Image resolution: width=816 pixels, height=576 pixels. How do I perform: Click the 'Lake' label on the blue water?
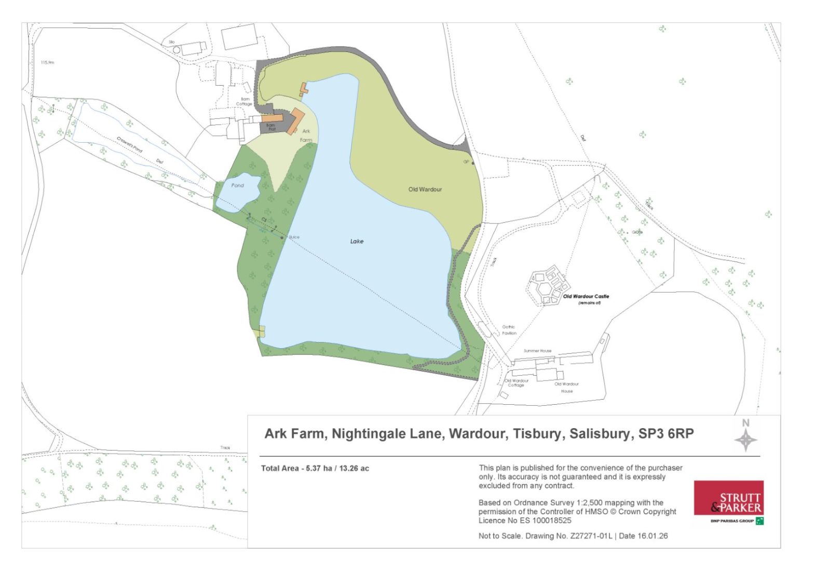357,241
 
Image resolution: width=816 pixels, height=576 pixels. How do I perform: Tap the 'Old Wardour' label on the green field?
425,189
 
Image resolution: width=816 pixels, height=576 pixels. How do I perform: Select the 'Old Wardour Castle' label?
586,297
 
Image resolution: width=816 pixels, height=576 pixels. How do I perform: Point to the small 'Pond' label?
237,185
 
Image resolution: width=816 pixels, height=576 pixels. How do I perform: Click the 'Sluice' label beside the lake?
294,237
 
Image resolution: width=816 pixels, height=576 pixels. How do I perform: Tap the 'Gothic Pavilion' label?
509,330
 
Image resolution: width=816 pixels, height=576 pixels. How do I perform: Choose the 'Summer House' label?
537,351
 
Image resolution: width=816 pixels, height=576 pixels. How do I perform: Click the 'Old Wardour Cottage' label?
516,383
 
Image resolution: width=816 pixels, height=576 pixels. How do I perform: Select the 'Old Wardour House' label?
566,387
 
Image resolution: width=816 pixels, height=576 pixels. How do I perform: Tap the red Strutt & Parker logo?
728,498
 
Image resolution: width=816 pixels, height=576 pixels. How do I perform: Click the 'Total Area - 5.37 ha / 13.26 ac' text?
315,469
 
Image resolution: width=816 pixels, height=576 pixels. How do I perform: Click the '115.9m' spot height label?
47,62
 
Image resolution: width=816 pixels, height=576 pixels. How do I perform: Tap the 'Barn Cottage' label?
244,101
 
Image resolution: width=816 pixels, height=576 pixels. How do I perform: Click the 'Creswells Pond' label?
129,144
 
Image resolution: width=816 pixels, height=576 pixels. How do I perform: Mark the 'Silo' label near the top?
171,42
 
